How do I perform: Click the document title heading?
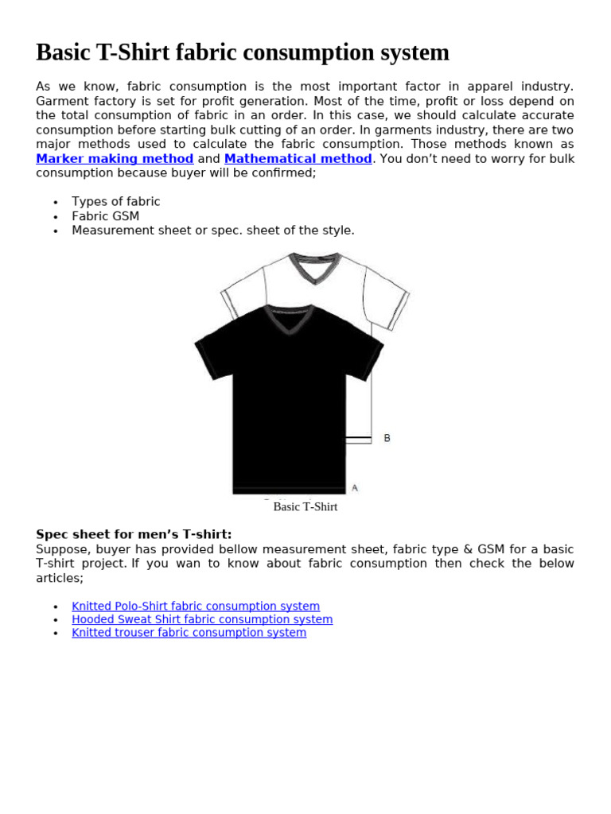coord(243,52)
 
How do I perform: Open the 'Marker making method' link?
coord(115,159)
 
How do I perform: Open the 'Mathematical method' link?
coord(298,159)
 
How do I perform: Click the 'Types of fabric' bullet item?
coord(115,202)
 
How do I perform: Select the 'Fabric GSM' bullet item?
coord(105,216)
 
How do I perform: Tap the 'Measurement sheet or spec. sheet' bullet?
coord(212,231)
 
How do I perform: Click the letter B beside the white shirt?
coord(387,438)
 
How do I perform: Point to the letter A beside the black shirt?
coord(355,487)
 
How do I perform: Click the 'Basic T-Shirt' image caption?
coord(305,507)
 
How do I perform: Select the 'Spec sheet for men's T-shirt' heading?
coord(134,534)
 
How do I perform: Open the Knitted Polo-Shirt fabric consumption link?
coord(196,607)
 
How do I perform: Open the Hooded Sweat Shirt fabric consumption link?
coord(202,619)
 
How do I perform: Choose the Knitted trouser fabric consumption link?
coord(189,633)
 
